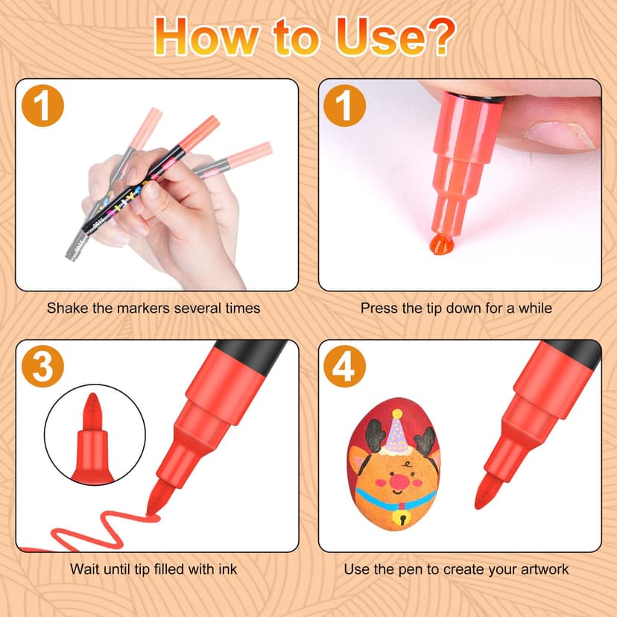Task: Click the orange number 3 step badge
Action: [x=44, y=367]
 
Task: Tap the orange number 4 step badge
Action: [x=344, y=367]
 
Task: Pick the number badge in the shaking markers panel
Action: [x=44, y=107]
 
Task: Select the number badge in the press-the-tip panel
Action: [x=344, y=107]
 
